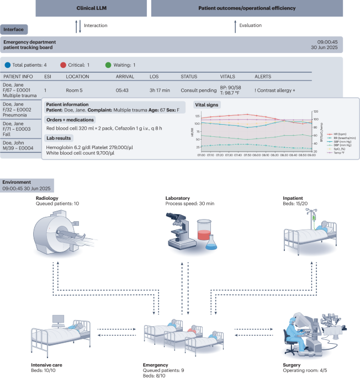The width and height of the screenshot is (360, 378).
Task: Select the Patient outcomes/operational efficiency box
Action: pyautogui.click(x=253, y=9)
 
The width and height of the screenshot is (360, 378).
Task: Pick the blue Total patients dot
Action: pyautogui.click(x=7, y=65)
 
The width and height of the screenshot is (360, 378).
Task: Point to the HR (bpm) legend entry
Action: pyautogui.click(x=335, y=134)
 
